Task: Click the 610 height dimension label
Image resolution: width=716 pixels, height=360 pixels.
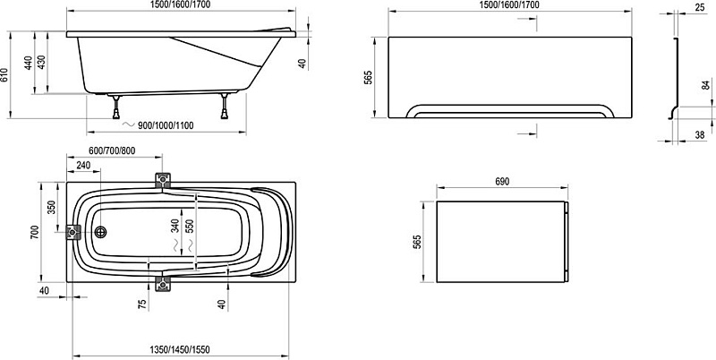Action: (4, 75)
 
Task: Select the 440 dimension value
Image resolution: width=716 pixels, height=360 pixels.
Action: (29, 63)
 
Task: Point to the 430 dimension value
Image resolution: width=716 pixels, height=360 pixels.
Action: (41, 63)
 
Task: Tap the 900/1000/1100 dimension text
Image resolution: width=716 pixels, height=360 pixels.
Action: (166, 125)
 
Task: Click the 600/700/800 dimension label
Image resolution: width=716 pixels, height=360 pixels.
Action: (112, 150)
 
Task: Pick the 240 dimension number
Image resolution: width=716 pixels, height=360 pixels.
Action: (83, 166)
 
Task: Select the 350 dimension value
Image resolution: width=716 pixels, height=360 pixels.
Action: (51, 208)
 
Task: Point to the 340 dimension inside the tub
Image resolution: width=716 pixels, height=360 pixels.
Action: (175, 226)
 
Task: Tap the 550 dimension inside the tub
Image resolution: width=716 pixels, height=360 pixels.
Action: (190, 226)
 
